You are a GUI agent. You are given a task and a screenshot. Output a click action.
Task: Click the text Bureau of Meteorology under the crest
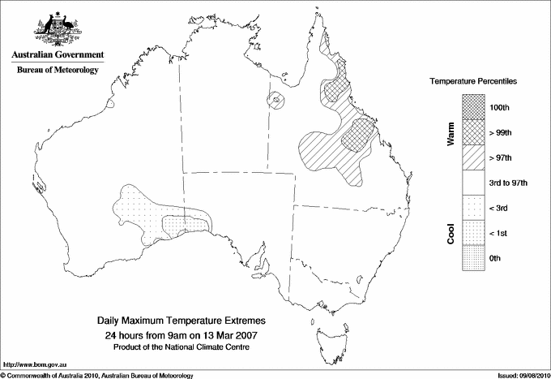(57, 70)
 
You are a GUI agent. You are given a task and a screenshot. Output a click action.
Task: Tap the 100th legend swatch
(475, 106)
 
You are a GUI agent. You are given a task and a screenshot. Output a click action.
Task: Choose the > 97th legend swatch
(475, 157)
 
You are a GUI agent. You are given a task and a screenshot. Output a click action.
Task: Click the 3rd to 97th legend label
(509, 183)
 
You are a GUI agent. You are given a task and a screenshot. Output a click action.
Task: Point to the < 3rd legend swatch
(475, 208)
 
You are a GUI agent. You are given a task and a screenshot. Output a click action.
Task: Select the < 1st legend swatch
(475, 233)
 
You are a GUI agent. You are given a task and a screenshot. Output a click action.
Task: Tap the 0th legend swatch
(475, 258)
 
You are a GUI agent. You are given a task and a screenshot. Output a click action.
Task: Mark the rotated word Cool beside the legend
(451, 233)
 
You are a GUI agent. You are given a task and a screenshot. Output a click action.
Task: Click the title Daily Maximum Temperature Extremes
(182, 321)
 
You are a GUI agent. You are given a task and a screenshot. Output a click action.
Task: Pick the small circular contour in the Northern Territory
(277, 101)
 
